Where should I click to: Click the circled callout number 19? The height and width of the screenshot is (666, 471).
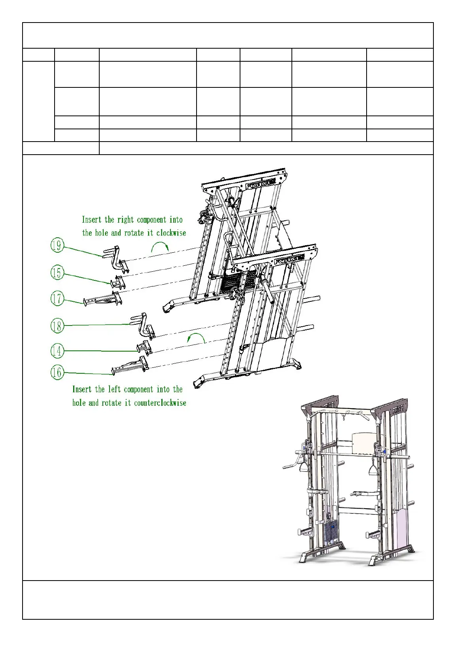(57, 246)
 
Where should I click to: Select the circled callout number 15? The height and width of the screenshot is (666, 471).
(57, 272)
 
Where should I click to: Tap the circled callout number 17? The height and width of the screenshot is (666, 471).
(57, 298)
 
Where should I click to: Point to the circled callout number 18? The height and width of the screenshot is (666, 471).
(57, 326)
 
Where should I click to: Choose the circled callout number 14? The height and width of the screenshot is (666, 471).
(57, 351)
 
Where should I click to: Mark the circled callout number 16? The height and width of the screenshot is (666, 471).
(57, 372)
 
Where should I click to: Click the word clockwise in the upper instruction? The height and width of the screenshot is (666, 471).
(171, 233)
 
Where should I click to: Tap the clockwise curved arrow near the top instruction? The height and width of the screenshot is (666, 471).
(160, 247)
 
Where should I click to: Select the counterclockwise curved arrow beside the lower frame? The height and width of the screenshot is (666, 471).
(197, 338)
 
